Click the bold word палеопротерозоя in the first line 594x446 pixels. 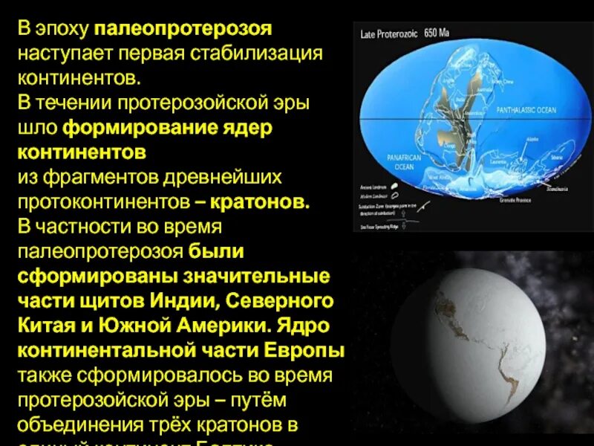pyautogui.click(x=183, y=30)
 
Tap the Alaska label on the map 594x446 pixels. pyautogui.click(x=512, y=139)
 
